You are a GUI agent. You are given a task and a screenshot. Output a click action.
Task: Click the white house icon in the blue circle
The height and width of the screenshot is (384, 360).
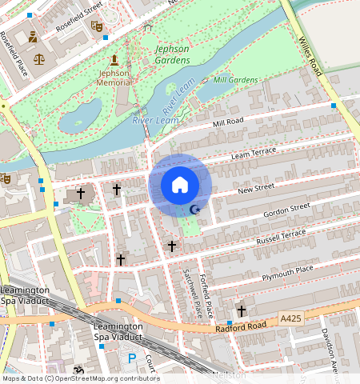pos(180,185)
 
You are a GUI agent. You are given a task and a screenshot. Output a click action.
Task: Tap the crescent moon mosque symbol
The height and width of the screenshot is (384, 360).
pos(194,210)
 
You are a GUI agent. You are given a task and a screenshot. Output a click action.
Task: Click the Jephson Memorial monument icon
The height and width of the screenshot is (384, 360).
pos(114,60)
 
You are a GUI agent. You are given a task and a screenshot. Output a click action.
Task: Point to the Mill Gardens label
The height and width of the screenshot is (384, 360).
pos(235,80)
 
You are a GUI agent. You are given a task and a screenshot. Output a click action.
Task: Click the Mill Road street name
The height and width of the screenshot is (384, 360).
pos(228,122)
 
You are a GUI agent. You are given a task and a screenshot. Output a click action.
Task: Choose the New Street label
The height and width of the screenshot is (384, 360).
pos(257,187)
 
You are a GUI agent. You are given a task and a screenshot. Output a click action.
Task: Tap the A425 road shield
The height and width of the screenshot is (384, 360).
pos(291,318)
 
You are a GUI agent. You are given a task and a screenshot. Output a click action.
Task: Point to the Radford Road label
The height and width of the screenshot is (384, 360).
pos(239,327)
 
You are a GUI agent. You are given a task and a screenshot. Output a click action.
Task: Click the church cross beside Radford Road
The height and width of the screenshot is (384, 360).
pos(240,310)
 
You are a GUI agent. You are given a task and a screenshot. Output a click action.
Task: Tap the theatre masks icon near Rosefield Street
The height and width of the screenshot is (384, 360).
pos(97,26)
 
